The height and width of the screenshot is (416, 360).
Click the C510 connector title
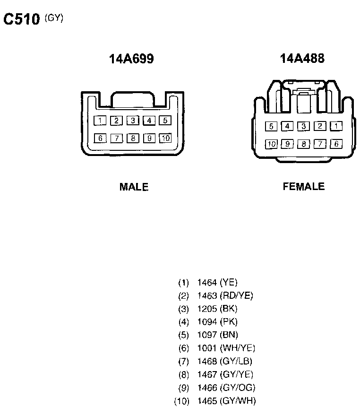[22, 20]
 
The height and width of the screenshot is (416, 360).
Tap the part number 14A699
[131, 59]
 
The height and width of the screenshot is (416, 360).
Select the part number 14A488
[302, 59]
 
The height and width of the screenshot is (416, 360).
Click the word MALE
[134, 187]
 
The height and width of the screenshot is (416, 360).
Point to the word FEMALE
[304, 186]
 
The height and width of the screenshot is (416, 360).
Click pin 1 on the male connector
[100, 121]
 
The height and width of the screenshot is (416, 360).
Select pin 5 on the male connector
[165, 121]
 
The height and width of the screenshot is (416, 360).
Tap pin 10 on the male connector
[165, 139]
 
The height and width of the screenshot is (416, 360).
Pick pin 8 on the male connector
[133, 139]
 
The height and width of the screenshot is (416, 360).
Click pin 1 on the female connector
[336, 126]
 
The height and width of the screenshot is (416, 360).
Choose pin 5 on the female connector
[271, 126]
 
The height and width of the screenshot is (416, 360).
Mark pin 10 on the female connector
[271, 144]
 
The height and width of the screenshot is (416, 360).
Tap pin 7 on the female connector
[320, 144]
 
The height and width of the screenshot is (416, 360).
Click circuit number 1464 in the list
[207, 283]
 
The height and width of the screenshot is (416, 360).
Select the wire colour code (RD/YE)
[237, 296]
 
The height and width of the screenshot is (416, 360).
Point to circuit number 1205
[207, 309]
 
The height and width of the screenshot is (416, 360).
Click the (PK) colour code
[229, 322]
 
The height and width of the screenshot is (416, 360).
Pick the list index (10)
[182, 402]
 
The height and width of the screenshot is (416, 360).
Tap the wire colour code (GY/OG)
[238, 388]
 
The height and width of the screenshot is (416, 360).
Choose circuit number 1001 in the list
[207, 348]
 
